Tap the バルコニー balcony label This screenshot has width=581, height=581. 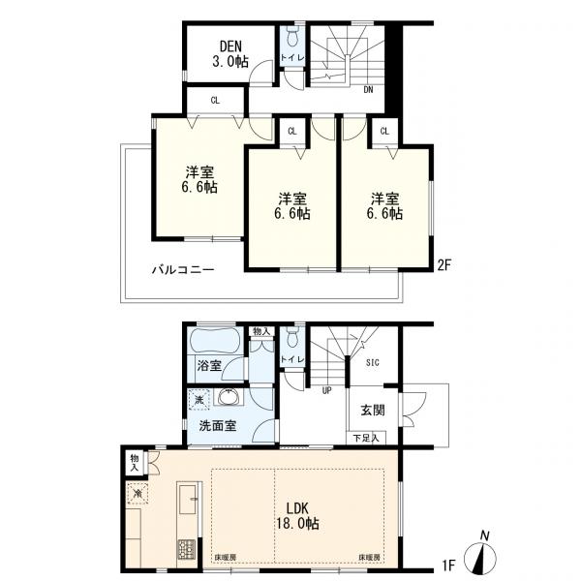[182, 270]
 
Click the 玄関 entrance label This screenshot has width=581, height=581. [373, 410]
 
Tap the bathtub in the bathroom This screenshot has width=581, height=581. [216, 343]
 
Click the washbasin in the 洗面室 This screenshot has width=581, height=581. [229, 397]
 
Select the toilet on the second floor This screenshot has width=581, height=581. [292, 39]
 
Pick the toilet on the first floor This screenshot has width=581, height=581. [291, 340]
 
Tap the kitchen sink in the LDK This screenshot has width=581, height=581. [187, 505]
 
